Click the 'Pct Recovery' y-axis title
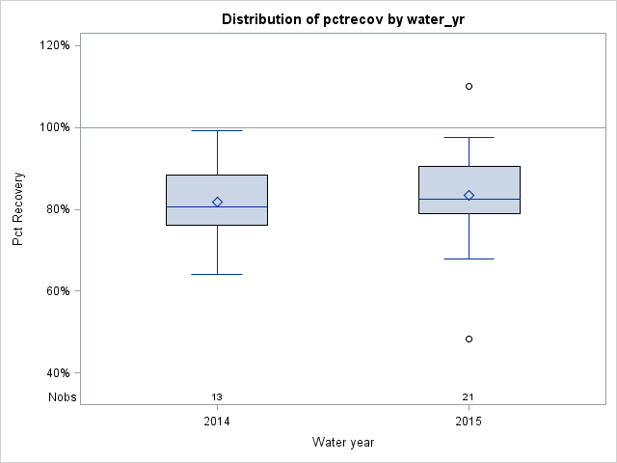click(x=18, y=209)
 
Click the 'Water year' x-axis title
click(x=343, y=442)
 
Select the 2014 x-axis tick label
click(x=217, y=422)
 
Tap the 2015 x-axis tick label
click(x=469, y=422)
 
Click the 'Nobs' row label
click(x=63, y=396)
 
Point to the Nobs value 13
click(x=217, y=396)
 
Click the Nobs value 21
click(x=469, y=396)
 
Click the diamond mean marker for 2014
click(x=217, y=202)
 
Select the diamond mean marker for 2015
click(x=469, y=195)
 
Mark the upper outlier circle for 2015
click(x=469, y=86)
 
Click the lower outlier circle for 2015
click(x=469, y=339)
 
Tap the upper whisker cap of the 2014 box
click(x=217, y=130)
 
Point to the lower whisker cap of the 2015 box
click(x=469, y=259)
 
